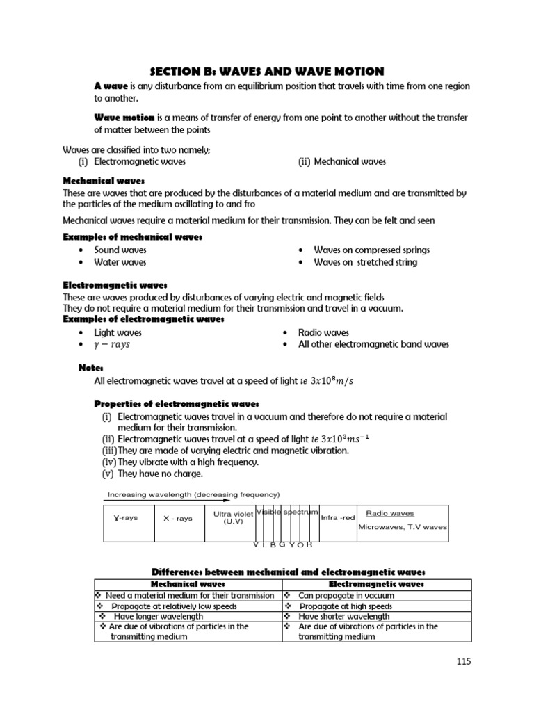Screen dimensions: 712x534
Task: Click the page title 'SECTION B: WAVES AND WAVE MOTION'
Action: coord(267,71)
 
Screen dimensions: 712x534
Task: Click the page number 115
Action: coord(464,661)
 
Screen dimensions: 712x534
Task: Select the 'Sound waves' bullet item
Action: coord(120,250)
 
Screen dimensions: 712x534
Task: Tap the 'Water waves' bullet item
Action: coord(120,262)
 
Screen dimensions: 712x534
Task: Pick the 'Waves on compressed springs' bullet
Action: coord(371,250)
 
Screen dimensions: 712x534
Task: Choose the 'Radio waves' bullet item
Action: coord(323,332)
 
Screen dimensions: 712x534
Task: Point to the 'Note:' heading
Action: coord(91,367)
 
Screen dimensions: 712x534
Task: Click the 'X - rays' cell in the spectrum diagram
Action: coord(177,518)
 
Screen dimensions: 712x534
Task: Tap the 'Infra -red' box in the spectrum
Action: coord(338,517)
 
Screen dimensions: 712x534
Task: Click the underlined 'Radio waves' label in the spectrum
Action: coord(390,513)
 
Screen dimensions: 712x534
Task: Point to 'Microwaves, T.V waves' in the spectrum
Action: coord(403,527)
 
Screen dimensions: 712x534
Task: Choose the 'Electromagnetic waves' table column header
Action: coord(377,584)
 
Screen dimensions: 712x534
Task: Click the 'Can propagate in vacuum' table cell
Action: coord(346,595)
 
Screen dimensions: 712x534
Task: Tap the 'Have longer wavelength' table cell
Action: coord(159,616)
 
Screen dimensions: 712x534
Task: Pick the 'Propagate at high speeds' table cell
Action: coord(345,606)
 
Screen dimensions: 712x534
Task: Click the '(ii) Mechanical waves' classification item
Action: coord(341,161)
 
